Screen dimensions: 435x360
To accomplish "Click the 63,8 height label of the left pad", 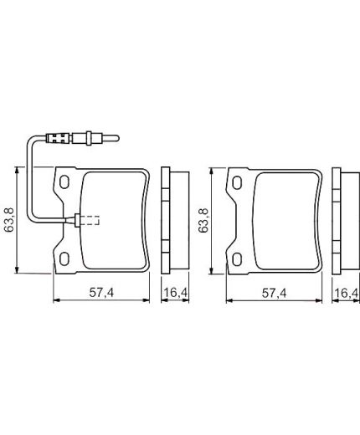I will (x=8, y=219).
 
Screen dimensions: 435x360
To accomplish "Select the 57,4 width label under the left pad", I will (x=101, y=293).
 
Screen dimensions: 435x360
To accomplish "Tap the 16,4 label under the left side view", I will (x=173, y=293).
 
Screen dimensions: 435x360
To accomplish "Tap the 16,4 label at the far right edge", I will (x=347, y=293).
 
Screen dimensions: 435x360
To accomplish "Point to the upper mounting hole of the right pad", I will (x=239, y=182).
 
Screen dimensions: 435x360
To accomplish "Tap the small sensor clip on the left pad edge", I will (x=78, y=221).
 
